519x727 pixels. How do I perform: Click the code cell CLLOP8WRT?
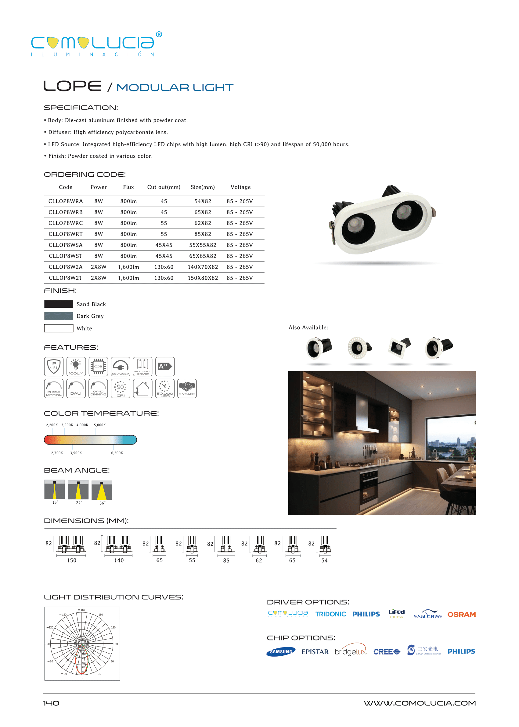[x=66, y=234]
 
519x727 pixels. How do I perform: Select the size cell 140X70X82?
[x=203, y=267]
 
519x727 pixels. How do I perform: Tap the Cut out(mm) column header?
[x=164, y=187]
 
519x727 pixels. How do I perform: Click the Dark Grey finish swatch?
[x=59, y=316]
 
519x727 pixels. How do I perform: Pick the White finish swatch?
[x=59, y=328]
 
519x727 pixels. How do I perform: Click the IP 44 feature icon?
[x=54, y=366]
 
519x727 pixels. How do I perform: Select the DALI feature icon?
[x=76, y=388]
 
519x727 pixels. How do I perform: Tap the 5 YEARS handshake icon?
[x=187, y=388]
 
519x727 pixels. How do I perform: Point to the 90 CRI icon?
[x=121, y=388]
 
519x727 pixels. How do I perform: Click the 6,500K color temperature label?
[x=117, y=453]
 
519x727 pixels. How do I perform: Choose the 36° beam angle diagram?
[x=102, y=490]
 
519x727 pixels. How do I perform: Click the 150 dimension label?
[x=72, y=560]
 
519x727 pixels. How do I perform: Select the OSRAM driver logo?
[x=461, y=614]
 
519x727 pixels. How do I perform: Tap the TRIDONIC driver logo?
[x=330, y=614]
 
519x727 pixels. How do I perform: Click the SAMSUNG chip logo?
[x=281, y=652]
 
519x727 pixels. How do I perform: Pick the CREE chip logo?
[x=386, y=652]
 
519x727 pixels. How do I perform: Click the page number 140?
[x=51, y=703]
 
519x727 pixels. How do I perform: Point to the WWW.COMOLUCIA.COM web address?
[x=419, y=703]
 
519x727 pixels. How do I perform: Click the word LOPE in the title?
[x=72, y=86]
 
